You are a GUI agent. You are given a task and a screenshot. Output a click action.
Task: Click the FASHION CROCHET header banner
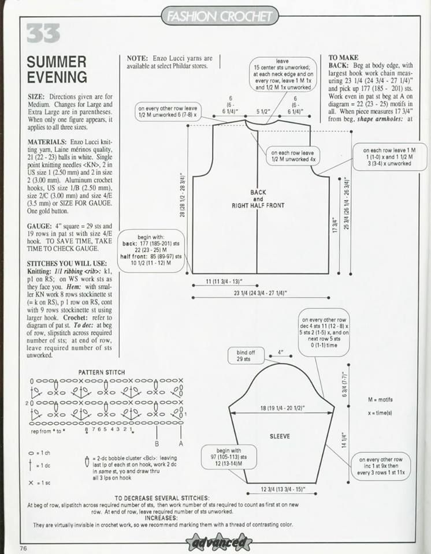(220, 17)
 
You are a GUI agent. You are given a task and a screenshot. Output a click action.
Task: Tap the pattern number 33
(43, 34)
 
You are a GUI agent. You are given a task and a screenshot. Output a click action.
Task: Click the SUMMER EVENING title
(57, 69)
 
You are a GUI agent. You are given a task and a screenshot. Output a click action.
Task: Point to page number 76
(24, 548)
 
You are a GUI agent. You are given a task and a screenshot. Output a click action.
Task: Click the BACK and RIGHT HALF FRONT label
(258, 199)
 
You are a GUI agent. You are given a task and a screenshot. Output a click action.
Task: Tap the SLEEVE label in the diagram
(280, 436)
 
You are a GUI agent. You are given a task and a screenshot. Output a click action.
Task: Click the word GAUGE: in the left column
(40, 226)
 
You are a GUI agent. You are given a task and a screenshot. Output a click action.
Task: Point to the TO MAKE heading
(344, 58)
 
